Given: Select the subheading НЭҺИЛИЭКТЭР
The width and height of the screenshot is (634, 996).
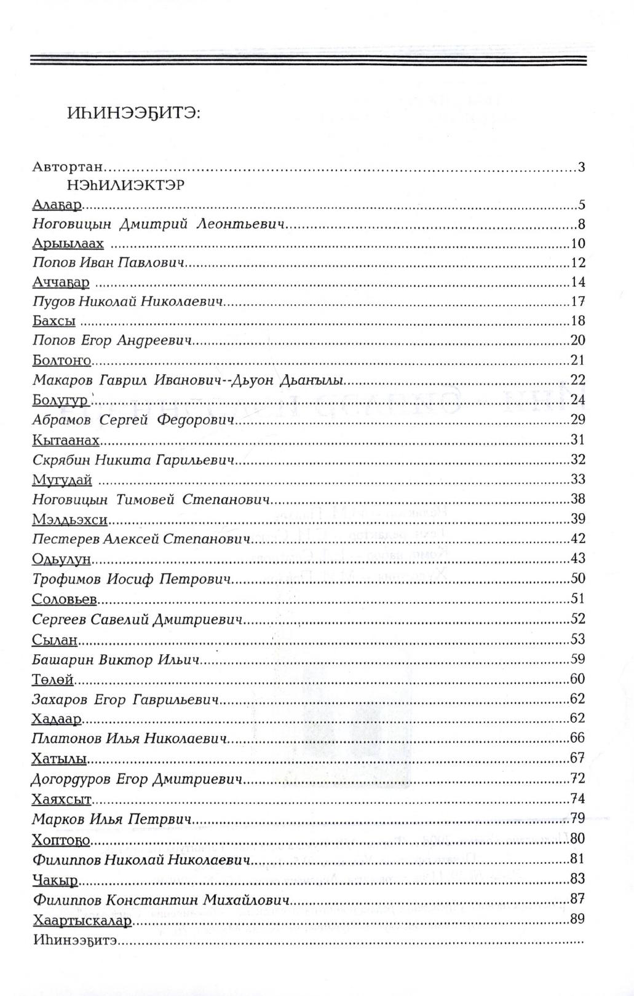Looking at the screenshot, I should (x=122, y=186).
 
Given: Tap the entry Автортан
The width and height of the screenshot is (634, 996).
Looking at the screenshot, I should (x=68, y=167).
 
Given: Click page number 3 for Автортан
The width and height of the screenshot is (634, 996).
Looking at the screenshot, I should (x=581, y=167).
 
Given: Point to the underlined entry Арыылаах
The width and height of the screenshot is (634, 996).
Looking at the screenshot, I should (x=68, y=243).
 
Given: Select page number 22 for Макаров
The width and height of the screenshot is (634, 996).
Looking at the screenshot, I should (x=578, y=380).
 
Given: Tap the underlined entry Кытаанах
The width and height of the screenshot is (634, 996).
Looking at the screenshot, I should (x=66, y=441).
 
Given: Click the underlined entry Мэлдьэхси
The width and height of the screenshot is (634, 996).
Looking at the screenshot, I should (x=69, y=520).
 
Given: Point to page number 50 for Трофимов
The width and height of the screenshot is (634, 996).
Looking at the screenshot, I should (x=578, y=579).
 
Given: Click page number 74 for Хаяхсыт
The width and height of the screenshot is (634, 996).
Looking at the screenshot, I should (x=578, y=799).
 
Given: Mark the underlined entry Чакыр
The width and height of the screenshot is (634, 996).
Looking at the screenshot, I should (x=55, y=880).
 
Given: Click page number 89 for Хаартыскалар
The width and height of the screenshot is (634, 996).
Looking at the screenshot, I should (x=578, y=920).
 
